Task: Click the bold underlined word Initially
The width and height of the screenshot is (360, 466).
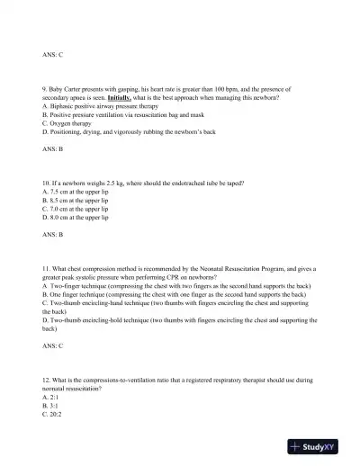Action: click(x=121, y=97)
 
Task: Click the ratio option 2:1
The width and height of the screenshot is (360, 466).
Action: click(x=51, y=397)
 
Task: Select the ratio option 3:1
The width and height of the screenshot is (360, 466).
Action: click(x=51, y=406)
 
